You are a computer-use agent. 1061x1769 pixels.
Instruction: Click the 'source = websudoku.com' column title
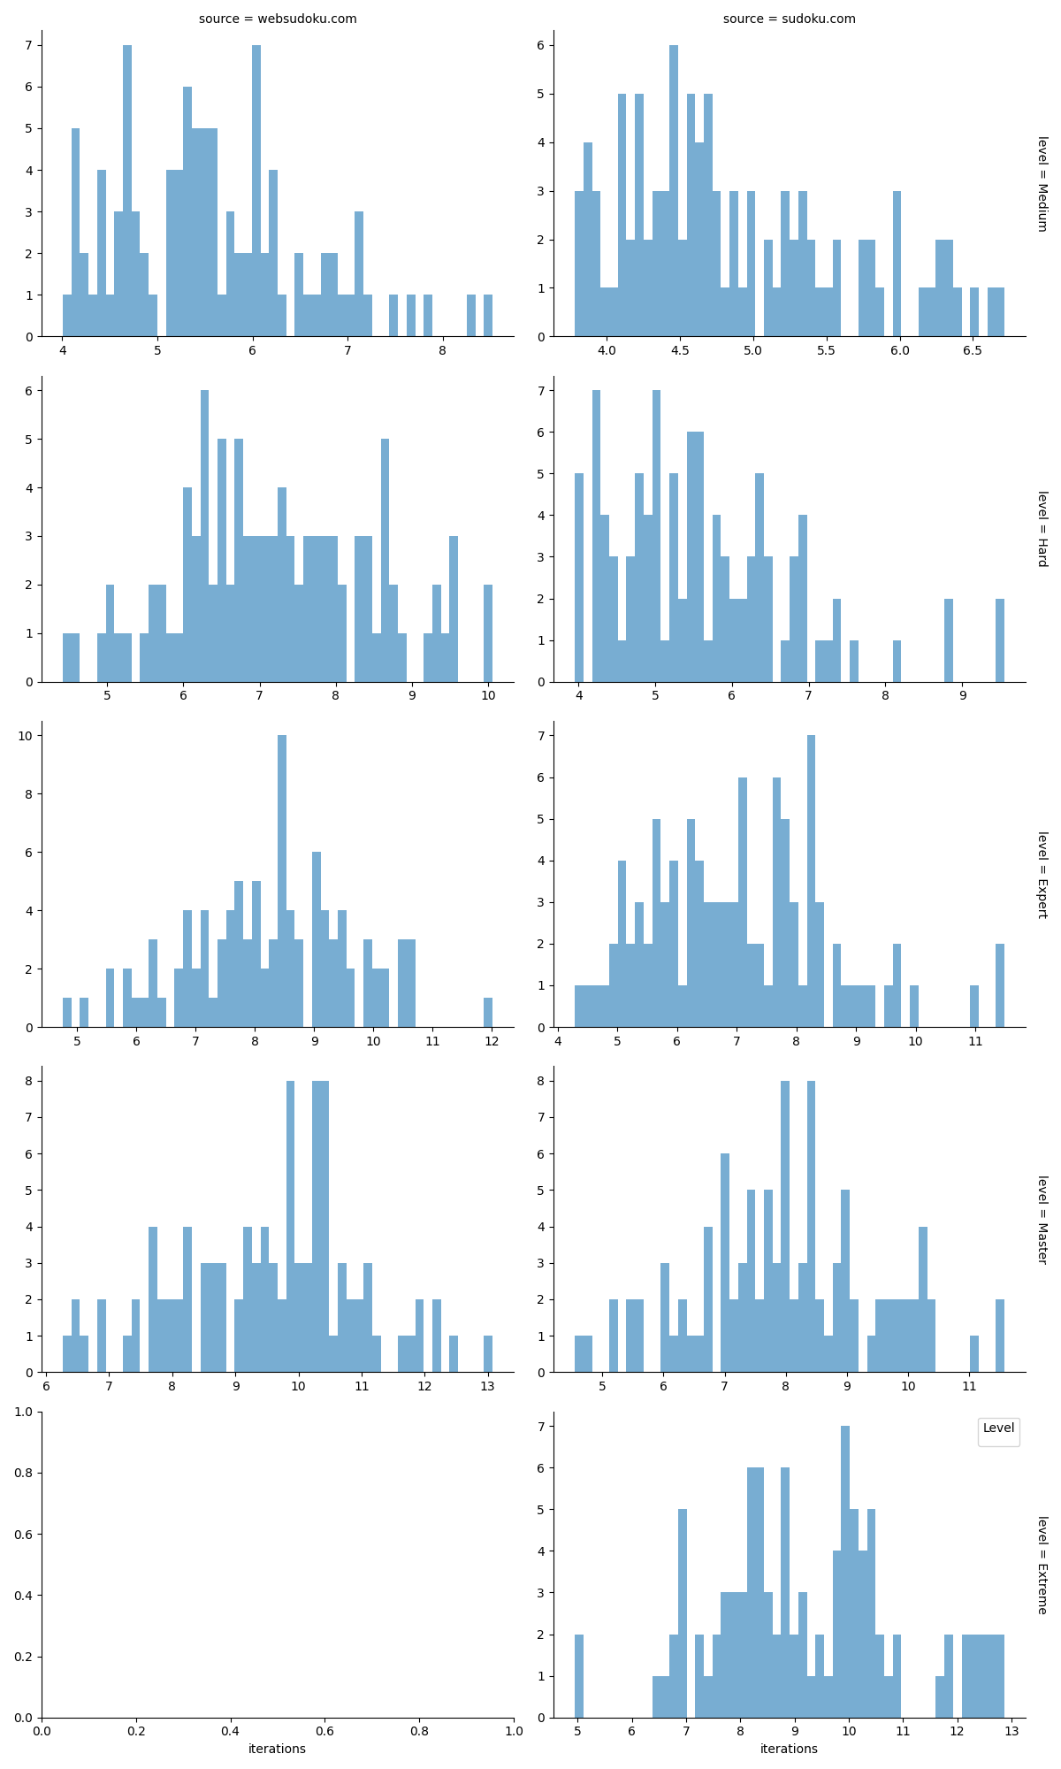click(278, 19)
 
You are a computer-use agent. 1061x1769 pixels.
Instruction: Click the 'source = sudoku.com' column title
click(789, 19)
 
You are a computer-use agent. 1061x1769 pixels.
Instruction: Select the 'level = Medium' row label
click(1042, 184)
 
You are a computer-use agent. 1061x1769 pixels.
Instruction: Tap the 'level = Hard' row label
click(1042, 529)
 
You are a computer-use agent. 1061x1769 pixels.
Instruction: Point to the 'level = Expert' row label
click(1042, 874)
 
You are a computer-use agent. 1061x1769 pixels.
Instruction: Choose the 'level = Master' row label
click(1042, 1219)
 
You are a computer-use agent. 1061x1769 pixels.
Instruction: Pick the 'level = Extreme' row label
click(1042, 1565)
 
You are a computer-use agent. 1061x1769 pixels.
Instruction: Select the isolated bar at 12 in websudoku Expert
click(488, 1013)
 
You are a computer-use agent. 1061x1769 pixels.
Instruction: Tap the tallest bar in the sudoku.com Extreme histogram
click(845, 1572)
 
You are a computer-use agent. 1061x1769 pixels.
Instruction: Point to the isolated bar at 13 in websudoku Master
click(488, 1354)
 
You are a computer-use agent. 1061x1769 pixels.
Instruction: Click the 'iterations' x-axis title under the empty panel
click(277, 1749)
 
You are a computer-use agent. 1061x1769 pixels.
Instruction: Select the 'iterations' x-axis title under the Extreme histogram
click(789, 1749)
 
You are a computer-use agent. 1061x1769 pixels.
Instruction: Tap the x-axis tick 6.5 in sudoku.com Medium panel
click(973, 351)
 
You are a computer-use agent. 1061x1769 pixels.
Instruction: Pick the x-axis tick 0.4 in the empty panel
click(230, 1731)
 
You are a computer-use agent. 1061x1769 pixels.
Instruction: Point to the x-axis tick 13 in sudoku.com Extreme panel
click(1011, 1731)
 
